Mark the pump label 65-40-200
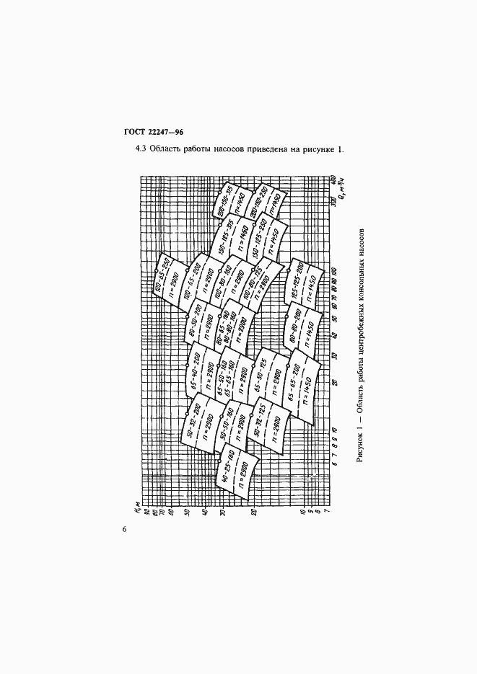coord(192,370)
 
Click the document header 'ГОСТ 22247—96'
coord(154,132)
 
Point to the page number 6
coord(124,529)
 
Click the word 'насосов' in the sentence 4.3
coord(219,150)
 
